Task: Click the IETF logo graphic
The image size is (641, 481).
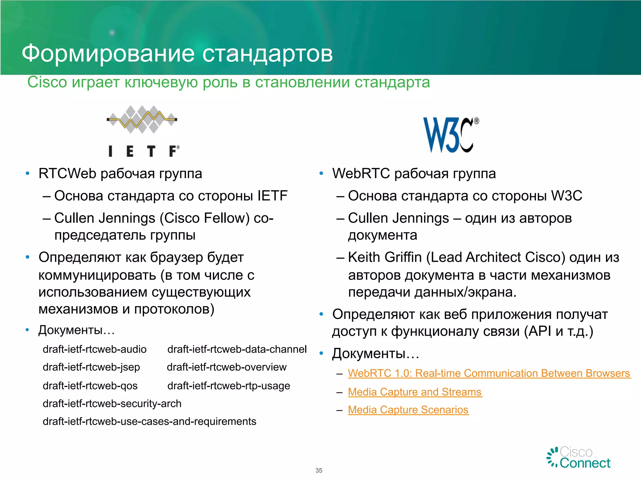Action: (142, 131)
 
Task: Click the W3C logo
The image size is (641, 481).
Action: (450, 135)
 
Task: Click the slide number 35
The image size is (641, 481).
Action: (319, 470)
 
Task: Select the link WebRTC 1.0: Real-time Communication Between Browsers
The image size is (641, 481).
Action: (489, 373)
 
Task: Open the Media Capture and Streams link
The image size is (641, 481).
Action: (415, 392)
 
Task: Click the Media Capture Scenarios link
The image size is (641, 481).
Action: (408, 410)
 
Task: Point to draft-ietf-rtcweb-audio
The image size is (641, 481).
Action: (95, 349)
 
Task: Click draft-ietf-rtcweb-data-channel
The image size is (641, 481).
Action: (237, 349)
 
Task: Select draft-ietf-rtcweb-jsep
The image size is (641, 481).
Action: (91, 367)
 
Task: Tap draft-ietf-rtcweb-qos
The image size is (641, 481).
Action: (90, 386)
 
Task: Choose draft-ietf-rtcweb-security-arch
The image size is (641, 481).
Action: (112, 404)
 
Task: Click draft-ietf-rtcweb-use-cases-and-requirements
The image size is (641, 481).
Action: (149, 422)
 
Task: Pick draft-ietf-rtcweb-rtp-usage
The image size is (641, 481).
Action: (228, 386)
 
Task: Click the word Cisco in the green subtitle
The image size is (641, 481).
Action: (47, 82)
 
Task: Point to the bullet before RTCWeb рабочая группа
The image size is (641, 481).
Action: (28, 173)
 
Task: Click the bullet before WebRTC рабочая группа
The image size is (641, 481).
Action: (321, 173)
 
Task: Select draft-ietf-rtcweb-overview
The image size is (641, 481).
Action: (227, 367)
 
